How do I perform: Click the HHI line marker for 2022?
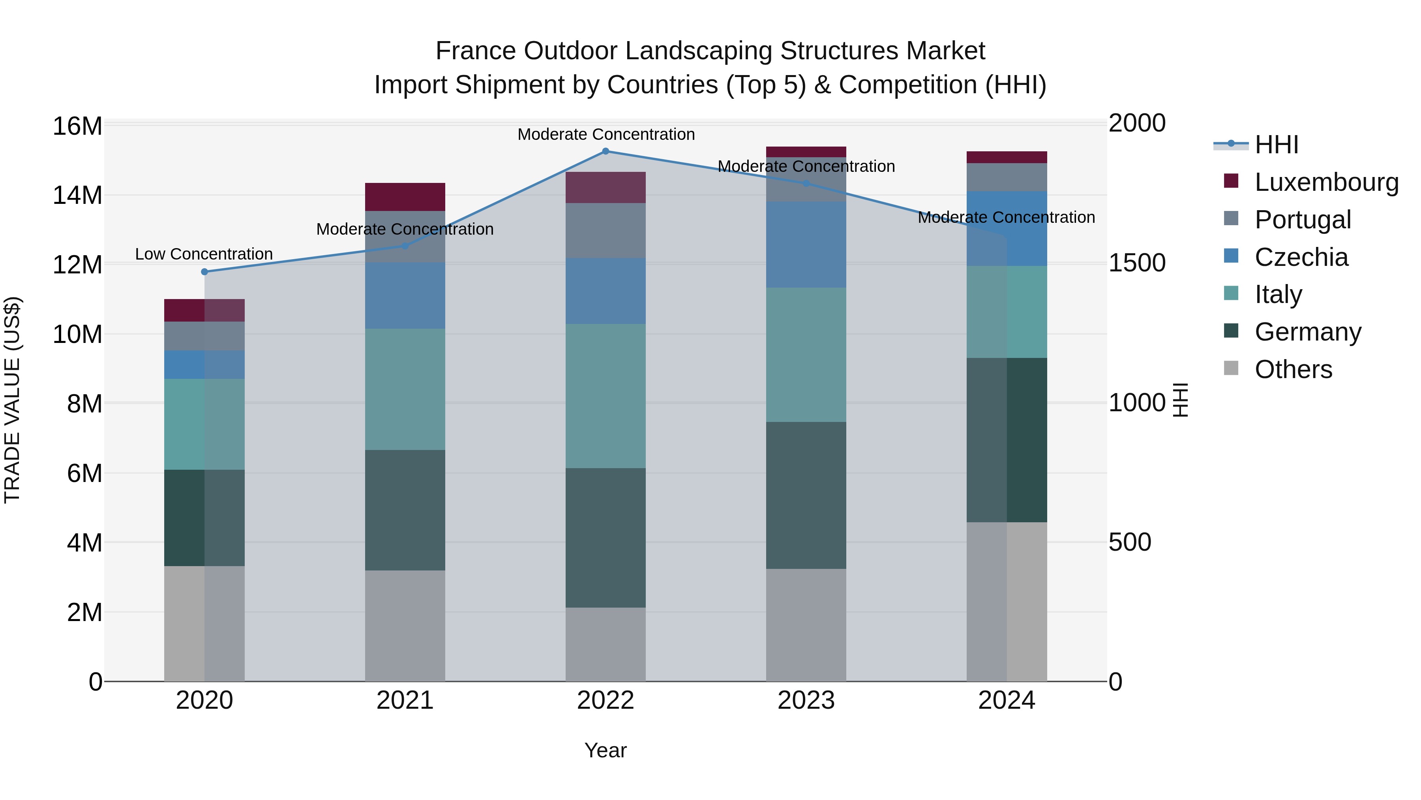(605, 151)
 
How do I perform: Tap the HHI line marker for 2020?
(204, 272)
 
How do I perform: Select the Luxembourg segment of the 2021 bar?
(405, 197)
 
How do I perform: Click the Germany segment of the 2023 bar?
(806, 495)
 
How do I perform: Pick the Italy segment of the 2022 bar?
(605, 396)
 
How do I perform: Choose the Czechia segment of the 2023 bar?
(806, 245)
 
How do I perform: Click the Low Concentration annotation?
(204, 254)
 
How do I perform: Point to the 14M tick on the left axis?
(77, 196)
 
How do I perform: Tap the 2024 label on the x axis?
(1006, 700)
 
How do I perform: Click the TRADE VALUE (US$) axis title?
(12, 400)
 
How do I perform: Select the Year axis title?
(605, 750)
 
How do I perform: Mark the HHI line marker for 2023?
(806, 183)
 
